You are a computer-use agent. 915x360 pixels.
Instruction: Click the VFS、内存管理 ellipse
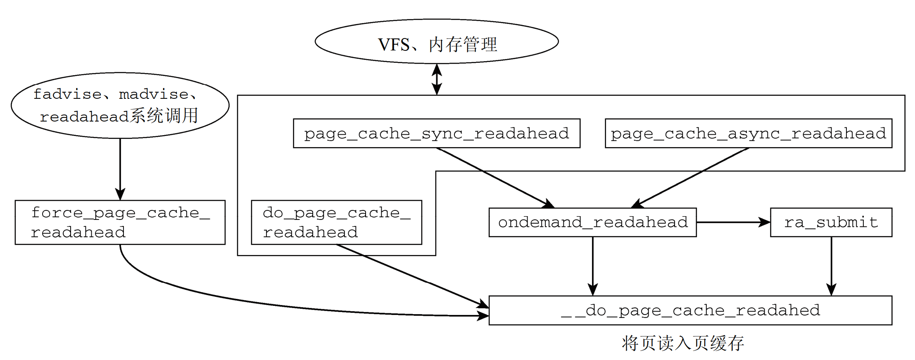pyautogui.click(x=437, y=41)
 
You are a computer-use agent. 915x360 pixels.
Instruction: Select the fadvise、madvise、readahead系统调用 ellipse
pyautogui.click(x=120, y=105)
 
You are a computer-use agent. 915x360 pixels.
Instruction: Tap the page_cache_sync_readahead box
pyautogui.click(x=437, y=133)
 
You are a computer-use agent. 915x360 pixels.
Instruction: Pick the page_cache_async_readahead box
pyautogui.click(x=748, y=133)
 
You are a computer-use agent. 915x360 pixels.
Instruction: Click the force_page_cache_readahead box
pyautogui.click(x=120, y=222)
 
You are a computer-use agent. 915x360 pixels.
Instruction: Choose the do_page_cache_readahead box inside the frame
pyautogui.click(x=336, y=222)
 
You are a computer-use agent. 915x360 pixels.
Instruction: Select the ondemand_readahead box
pyautogui.click(x=592, y=222)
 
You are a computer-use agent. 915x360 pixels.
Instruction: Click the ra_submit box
pyautogui.click(x=831, y=222)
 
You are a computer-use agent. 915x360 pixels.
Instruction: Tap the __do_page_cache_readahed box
pyautogui.click(x=690, y=310)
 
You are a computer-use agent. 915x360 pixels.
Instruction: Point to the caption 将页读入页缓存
pyautogui.click(x=682, y=343)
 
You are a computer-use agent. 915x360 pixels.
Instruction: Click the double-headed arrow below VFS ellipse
pyautogui.click(x=437, y=79)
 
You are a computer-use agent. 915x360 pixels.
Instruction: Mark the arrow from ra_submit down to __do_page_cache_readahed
pyautogui.click(x=831, y=267)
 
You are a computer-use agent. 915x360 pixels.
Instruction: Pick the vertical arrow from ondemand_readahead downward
pyautogui.click(x=593, y=267)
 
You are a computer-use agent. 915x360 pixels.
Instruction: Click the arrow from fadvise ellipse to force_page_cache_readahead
pyautogui.click(x=120, y=169)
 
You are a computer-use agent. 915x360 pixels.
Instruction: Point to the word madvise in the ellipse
pyautogui.click(x=154, y=94)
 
